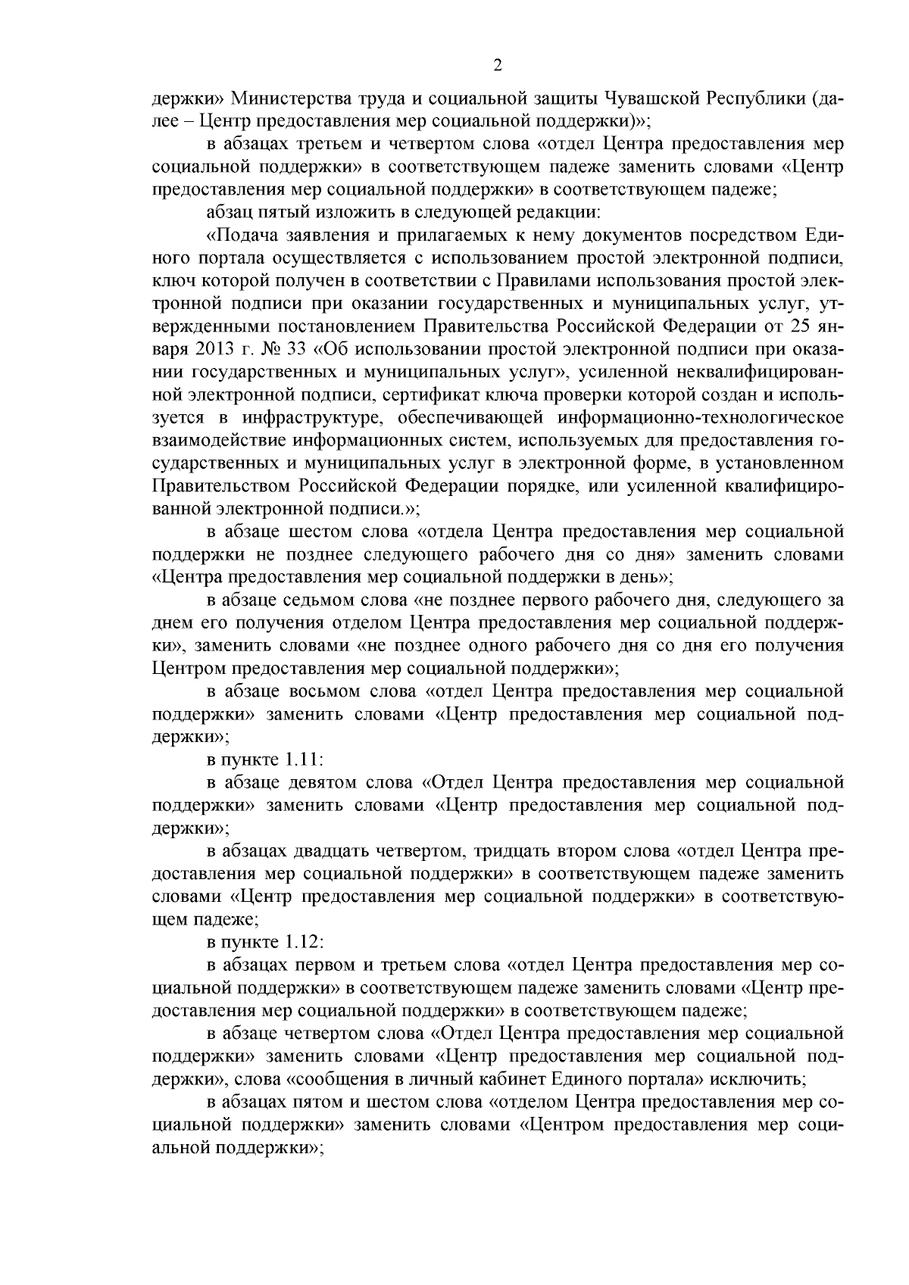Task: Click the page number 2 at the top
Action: [497, 66]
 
